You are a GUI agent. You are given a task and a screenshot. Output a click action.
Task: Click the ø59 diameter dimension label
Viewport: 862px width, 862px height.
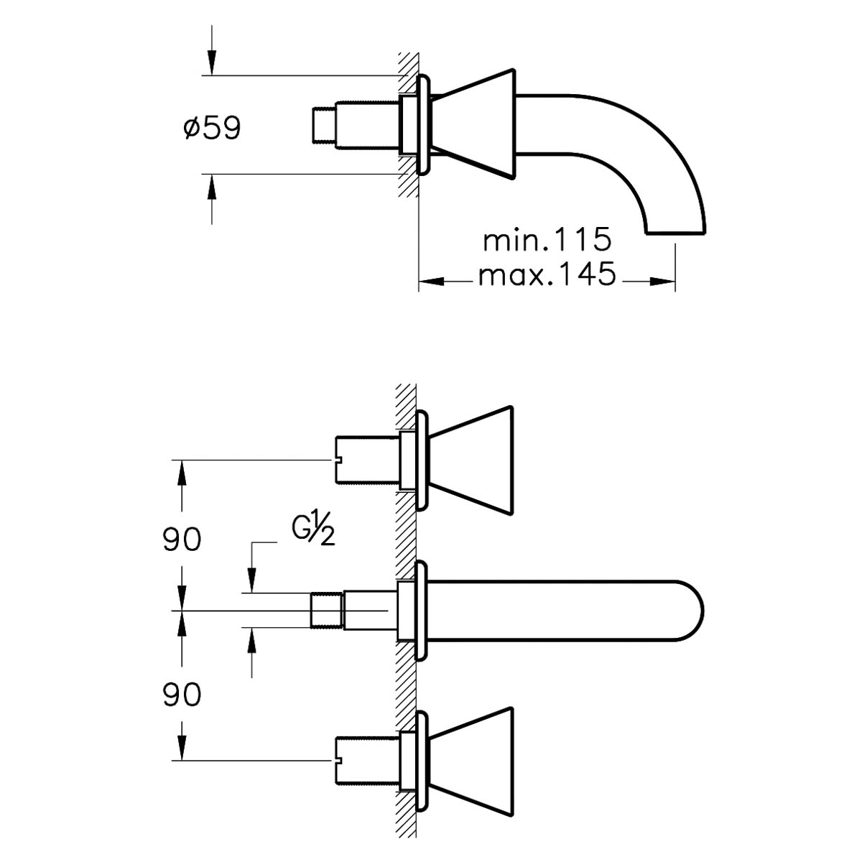point(212,128)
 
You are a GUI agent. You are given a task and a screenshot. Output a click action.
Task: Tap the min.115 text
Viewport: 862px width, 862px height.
point(547,239)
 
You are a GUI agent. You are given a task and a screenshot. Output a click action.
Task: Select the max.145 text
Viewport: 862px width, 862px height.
point(547,274)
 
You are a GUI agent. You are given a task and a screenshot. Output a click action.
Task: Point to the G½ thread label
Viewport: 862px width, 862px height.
point(313,531)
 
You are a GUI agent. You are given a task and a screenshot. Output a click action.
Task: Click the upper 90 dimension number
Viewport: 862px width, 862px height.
point(182,540)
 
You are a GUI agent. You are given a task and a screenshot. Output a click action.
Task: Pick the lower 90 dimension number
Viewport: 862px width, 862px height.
point(182,695)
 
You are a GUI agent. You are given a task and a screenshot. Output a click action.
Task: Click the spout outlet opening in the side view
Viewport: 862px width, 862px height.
point(675,233)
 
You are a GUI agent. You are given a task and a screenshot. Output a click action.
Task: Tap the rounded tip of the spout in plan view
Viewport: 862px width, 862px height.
point(692,611)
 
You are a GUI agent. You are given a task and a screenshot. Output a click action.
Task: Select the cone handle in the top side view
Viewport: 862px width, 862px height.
point(473,124)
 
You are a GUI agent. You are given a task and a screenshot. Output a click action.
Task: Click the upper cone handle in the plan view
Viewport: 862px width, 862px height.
point(471,461)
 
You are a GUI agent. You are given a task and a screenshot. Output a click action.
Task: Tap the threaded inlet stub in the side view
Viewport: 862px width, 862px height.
point(324,125)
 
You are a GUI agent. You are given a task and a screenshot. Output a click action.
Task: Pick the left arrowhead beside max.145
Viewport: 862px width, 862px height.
point(432,282)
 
